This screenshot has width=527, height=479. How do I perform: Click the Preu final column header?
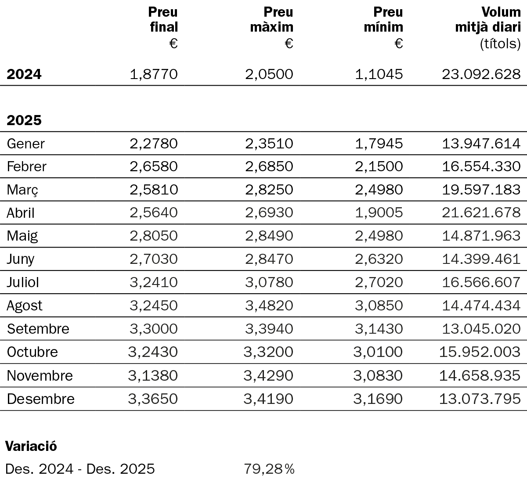click(163, 20)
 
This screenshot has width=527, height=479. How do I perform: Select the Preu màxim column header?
click(272, 20)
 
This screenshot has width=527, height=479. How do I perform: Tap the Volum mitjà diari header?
click(488, 20)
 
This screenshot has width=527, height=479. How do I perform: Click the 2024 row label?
click(24, 74)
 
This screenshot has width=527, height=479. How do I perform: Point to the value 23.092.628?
click(481, 74)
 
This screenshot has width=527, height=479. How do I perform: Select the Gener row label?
click(26, 144)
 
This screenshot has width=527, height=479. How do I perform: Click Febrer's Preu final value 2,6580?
click(154, 166)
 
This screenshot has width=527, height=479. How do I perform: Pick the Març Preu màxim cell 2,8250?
click(269, 190)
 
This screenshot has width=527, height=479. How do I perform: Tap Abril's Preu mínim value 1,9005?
click(379, 212)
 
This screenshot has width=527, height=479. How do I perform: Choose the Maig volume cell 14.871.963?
click(481, 236)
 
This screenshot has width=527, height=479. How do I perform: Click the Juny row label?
click(21, 259)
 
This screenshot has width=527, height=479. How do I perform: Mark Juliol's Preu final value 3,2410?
click(154, 282)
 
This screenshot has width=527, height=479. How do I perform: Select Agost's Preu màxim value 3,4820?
click(269, 306)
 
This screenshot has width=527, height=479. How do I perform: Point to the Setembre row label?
click(38, 329)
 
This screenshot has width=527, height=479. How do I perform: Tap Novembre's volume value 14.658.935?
click(480, 375)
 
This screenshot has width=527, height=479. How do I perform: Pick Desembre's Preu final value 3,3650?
click(153, 399)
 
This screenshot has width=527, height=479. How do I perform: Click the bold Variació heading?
click(31, 446)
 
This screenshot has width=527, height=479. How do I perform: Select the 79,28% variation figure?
click(269, 469)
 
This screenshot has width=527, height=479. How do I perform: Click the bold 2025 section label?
click(24, 120)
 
